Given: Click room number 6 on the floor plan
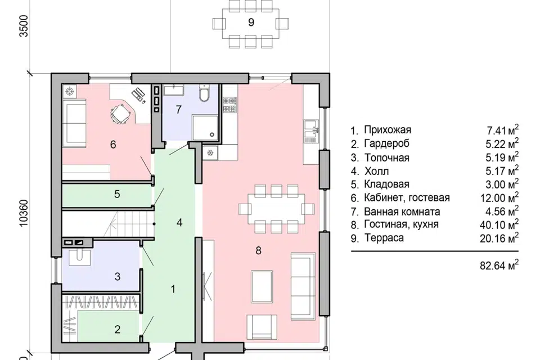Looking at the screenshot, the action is tap(113, 145).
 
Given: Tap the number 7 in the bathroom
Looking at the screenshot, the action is tap(178, 109).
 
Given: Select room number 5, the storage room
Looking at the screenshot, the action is tap(117, 194).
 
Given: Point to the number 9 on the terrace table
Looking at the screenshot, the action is tap(251, 22).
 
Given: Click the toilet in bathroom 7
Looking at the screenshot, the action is tap(204, 93).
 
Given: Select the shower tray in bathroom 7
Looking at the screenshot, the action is tap(205, 127).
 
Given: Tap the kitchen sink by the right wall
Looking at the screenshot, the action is tap(310, 131).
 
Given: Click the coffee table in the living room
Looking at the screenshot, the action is tap(262, 287).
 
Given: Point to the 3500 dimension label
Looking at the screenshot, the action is tap(24, 25).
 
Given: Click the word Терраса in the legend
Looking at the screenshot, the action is tap(384, 238).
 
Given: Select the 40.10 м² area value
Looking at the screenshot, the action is tap(499, 224).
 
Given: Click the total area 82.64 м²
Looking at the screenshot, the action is tap(499, 265).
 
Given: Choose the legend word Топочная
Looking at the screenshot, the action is tap(387, 157).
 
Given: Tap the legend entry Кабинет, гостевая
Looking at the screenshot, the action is tap(407, 198).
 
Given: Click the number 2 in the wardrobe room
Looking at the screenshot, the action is tap(117, 329).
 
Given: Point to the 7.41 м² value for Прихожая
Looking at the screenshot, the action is tap(502, 130).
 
